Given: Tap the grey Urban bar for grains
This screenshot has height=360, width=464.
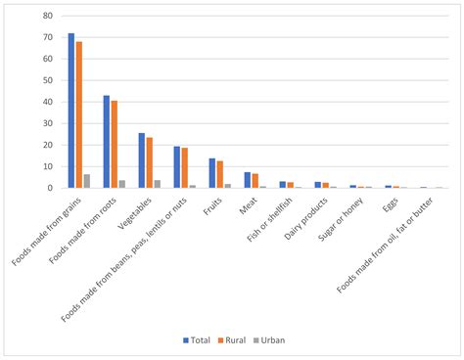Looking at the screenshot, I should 86,181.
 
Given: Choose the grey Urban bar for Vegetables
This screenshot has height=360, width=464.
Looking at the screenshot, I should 158,184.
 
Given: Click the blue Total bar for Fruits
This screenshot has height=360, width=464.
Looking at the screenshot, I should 212,173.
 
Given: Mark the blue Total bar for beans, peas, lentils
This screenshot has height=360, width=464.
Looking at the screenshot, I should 177,167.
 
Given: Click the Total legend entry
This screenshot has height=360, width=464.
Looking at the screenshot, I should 197,339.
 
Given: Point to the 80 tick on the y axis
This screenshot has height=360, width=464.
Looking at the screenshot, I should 47,16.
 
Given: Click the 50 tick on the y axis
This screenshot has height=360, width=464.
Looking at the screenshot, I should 47,80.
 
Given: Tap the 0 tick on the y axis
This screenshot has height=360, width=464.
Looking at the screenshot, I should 50,188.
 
